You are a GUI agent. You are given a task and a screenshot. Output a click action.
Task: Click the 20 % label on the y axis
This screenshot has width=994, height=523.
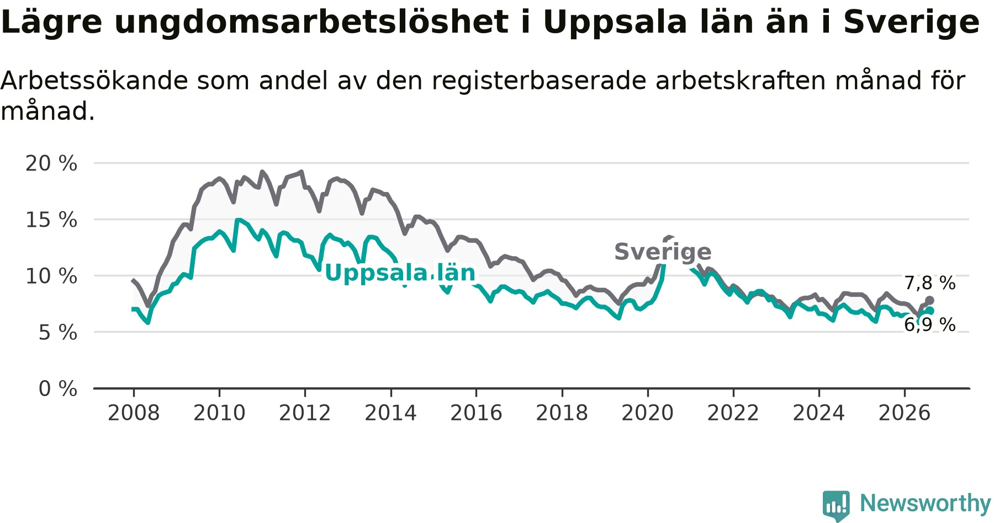[x=51, y=163]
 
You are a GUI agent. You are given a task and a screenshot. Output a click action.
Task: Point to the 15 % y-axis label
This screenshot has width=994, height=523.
[x=51, y=220]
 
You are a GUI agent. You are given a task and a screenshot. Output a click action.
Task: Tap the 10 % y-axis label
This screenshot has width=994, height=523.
[x=51, y=276]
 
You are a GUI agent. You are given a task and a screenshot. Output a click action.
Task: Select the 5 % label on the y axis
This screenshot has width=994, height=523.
[x=58, y=332]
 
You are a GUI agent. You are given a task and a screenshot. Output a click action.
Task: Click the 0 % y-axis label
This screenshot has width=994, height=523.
[x=58, y=388]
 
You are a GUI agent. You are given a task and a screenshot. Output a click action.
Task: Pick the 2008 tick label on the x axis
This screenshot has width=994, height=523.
[x=134, y=413]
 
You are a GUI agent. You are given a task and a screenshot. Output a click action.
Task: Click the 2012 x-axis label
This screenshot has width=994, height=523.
[x=305, y=413]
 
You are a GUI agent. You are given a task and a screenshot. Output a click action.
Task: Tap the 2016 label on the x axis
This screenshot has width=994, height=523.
[x=477, y=413]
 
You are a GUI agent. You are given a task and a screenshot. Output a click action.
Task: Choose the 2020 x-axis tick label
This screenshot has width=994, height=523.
[x=648, y=413]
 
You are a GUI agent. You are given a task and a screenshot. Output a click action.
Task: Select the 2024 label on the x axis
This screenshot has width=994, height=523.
[x=819, y=413]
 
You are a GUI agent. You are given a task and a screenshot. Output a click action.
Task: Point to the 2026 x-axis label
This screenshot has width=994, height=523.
[x=905, y=413]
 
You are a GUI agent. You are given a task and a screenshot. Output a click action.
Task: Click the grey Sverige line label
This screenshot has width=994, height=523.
[x=663, y=252]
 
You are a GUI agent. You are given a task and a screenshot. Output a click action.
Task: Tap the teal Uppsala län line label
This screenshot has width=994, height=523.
[x=400, y=273]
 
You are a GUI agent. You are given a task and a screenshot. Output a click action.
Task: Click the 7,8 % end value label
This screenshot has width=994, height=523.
[x=930, y=283]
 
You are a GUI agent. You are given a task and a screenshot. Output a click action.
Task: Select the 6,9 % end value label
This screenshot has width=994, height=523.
[x=930, y=324]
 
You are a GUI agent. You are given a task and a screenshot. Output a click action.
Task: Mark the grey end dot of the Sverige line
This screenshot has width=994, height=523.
[x=929, y=300]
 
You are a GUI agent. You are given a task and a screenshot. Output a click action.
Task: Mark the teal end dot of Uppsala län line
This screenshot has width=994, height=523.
[x=929, y=311]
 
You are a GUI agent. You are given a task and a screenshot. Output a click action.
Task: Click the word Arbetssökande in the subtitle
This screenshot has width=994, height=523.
[x=94, y=81]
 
